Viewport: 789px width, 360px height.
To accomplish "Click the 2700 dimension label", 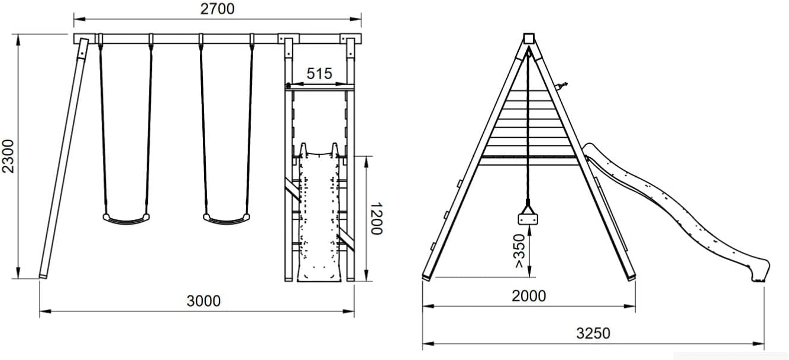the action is point(217,9).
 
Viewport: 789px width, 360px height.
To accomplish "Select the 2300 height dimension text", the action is point(8,156).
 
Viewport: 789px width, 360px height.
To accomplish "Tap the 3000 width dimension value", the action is point(203,301).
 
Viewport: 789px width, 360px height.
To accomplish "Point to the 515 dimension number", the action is point(319,73).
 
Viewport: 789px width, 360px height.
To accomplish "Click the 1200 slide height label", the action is point(376,219).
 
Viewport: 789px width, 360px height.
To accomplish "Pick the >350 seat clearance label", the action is point(519,251).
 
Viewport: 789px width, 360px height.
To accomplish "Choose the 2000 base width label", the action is point(529,296).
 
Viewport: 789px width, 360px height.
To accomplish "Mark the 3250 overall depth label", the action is point(593,333).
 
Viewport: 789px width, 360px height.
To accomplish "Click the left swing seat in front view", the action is point(126,219).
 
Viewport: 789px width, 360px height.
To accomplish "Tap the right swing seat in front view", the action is point(227,219).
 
